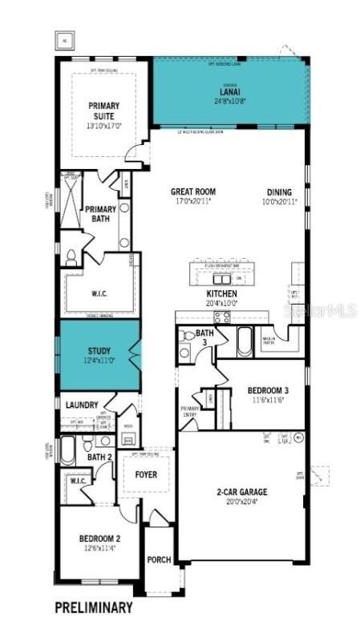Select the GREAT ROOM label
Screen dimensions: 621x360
click(x=194, y=192)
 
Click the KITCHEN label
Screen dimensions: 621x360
click(x=222, y=294)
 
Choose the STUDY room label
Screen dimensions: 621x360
click(x=99, y=350)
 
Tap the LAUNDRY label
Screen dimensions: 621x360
click(x=82, y=405)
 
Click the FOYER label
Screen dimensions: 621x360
click(x=146, y=475)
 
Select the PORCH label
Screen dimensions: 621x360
click(x=159, y=559)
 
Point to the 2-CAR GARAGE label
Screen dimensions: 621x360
click(x=241, y=491)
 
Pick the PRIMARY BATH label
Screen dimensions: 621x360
click(x=101, y=214)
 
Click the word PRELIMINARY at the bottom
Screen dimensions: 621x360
click(x=93, y=607)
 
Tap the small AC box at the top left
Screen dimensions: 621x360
click(x=63, y=38)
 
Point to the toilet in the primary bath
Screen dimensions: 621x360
click(x=71, y=257)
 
